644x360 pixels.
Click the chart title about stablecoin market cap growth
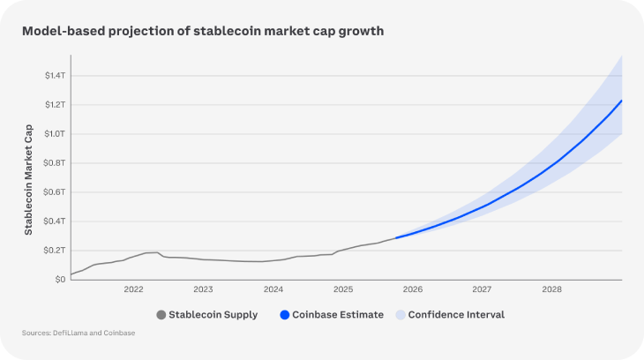pos(202,31)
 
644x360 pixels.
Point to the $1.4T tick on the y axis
pos(55,76)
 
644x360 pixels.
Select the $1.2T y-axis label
pos(55,105)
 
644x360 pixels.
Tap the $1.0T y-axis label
pos(55,134)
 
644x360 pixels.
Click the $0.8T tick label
pos(55,163)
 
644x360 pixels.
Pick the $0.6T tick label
pos(55,192)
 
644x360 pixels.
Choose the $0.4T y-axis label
pos(55,221)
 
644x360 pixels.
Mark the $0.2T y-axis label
pos(55,251)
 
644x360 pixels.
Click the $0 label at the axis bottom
pos(60,280)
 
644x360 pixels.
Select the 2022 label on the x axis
pos(133,289)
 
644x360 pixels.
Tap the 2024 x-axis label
pos(273,289)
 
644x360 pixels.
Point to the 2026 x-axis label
pos(413,289)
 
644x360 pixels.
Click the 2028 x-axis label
pos(552,289)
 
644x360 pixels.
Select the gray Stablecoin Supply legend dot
pos(161,315)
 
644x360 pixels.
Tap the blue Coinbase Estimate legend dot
pos(284,315)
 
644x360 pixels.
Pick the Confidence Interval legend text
pos(456,315)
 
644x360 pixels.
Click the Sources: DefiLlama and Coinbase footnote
pos(79,333)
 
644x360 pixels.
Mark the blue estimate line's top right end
pos(622,101)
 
